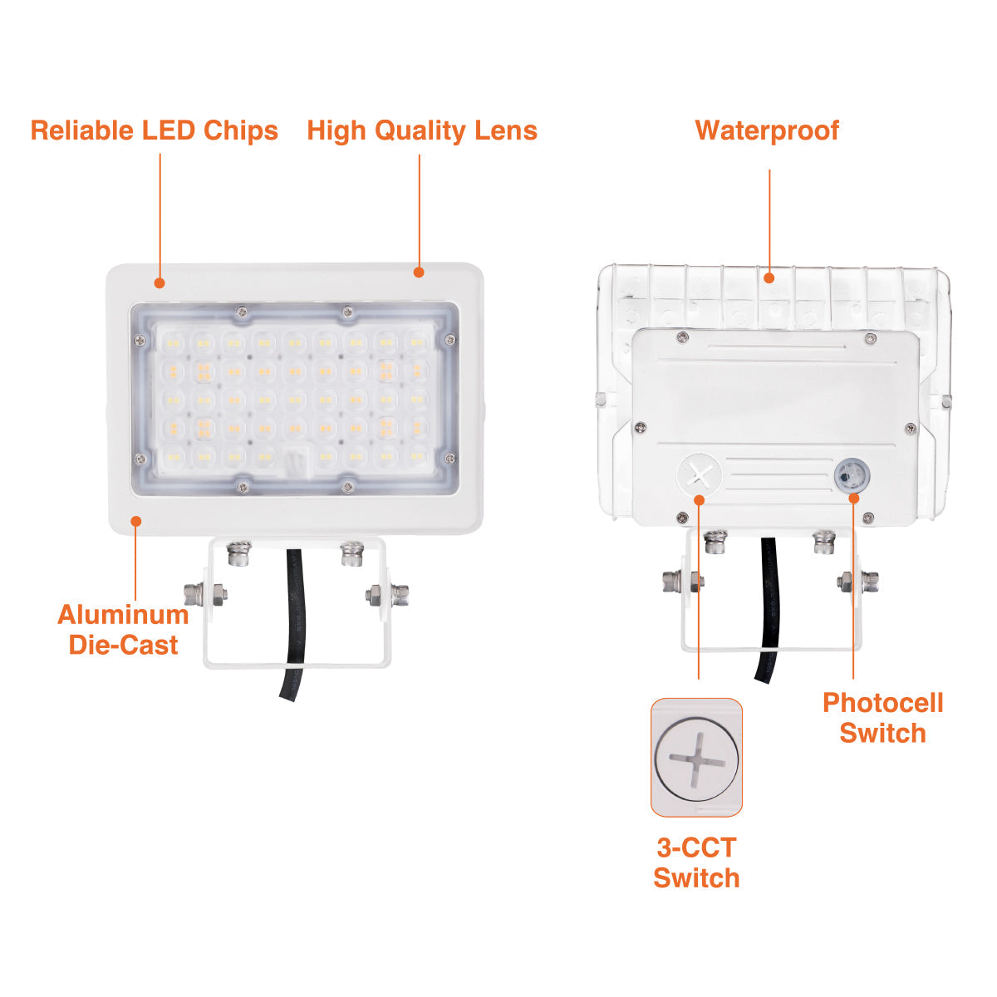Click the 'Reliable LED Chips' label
click(x=155, y=130)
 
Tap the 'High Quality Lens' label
click(x=422, y=131)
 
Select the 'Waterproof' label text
click(x=767, y=130)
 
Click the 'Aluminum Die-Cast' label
click(x=123, y=630)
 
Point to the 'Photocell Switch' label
click(x=882, y=718)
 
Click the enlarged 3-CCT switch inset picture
click(x=696, y=758)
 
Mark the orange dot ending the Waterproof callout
click(x=769, y=278)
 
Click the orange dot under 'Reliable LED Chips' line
click(x=160, y=283)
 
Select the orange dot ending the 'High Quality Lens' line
click(x=419, y=273)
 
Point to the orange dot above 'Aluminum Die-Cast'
click(x=136, y=521)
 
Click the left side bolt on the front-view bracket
click(x=205, y=594)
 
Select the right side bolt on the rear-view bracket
click(x=857, y=581)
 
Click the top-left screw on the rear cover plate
click(x=682, y=336)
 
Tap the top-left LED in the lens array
click(x=173, y=342)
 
